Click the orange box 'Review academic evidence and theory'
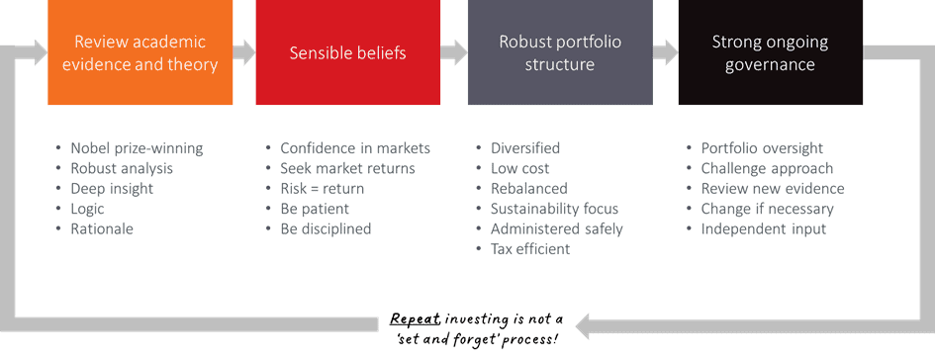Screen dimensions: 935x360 pos(140,52)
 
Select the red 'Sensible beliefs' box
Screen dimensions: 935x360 pos(347,52)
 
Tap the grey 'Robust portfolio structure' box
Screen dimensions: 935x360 pos(560,52)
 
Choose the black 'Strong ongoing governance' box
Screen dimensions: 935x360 pos(771,52)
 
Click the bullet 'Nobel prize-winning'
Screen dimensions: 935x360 pos(137,148)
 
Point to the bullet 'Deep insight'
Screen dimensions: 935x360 pos(112,189)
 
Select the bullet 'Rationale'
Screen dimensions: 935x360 pos(102,228)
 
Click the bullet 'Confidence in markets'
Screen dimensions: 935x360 pos(355,148)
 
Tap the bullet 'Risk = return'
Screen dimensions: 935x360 pos(322,189)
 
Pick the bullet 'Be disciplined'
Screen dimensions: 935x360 pos(326,228)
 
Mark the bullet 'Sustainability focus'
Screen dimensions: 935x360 pos(554,209)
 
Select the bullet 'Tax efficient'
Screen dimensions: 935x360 pos(530,249)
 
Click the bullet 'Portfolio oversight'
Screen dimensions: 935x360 pos(762,148)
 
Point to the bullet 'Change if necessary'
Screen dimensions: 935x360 pos(768,209)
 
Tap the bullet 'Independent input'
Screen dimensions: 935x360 pos(764,228)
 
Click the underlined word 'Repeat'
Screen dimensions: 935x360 pos(415,318)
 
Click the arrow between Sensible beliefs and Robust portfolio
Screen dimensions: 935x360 pos(454,52)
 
